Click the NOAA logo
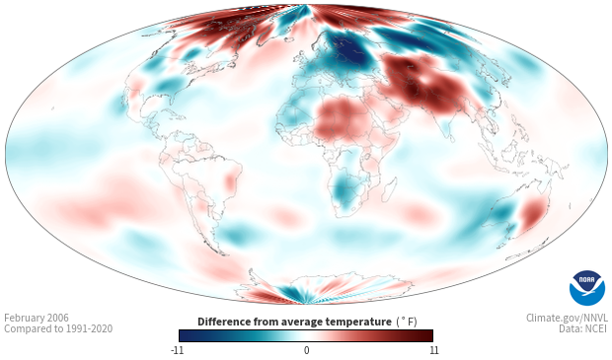point(587,288)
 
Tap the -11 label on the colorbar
point(177,350)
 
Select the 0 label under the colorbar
point(306,350)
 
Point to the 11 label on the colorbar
point(433,350)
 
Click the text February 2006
point(37,318)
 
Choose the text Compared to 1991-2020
point(58,328)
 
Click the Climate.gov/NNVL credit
point(567,318)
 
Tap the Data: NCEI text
point(583,328)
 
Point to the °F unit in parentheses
point(407,322)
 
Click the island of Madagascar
point(390,189)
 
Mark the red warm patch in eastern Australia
point(533,213)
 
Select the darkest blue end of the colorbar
point(183,335)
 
